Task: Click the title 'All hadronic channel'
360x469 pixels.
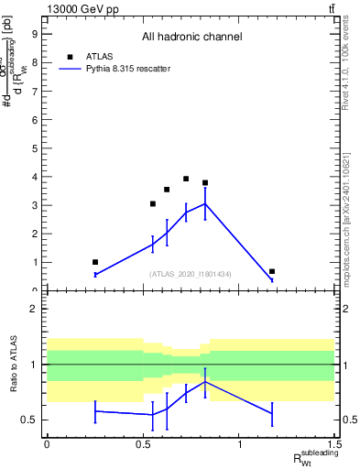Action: coord(191,38)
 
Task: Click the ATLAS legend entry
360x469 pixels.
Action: coord(98,56)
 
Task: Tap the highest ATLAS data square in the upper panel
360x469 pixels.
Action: coord(186,179)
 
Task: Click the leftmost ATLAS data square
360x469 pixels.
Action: coord(95,262)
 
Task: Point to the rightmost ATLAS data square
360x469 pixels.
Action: coord(272,271)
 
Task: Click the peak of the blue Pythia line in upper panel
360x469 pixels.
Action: coord(205,203)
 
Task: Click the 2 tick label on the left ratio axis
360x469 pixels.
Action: coord(34,309)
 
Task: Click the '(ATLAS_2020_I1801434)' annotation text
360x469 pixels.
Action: coord(191,274)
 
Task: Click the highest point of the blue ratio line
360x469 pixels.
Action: coord(205,381)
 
